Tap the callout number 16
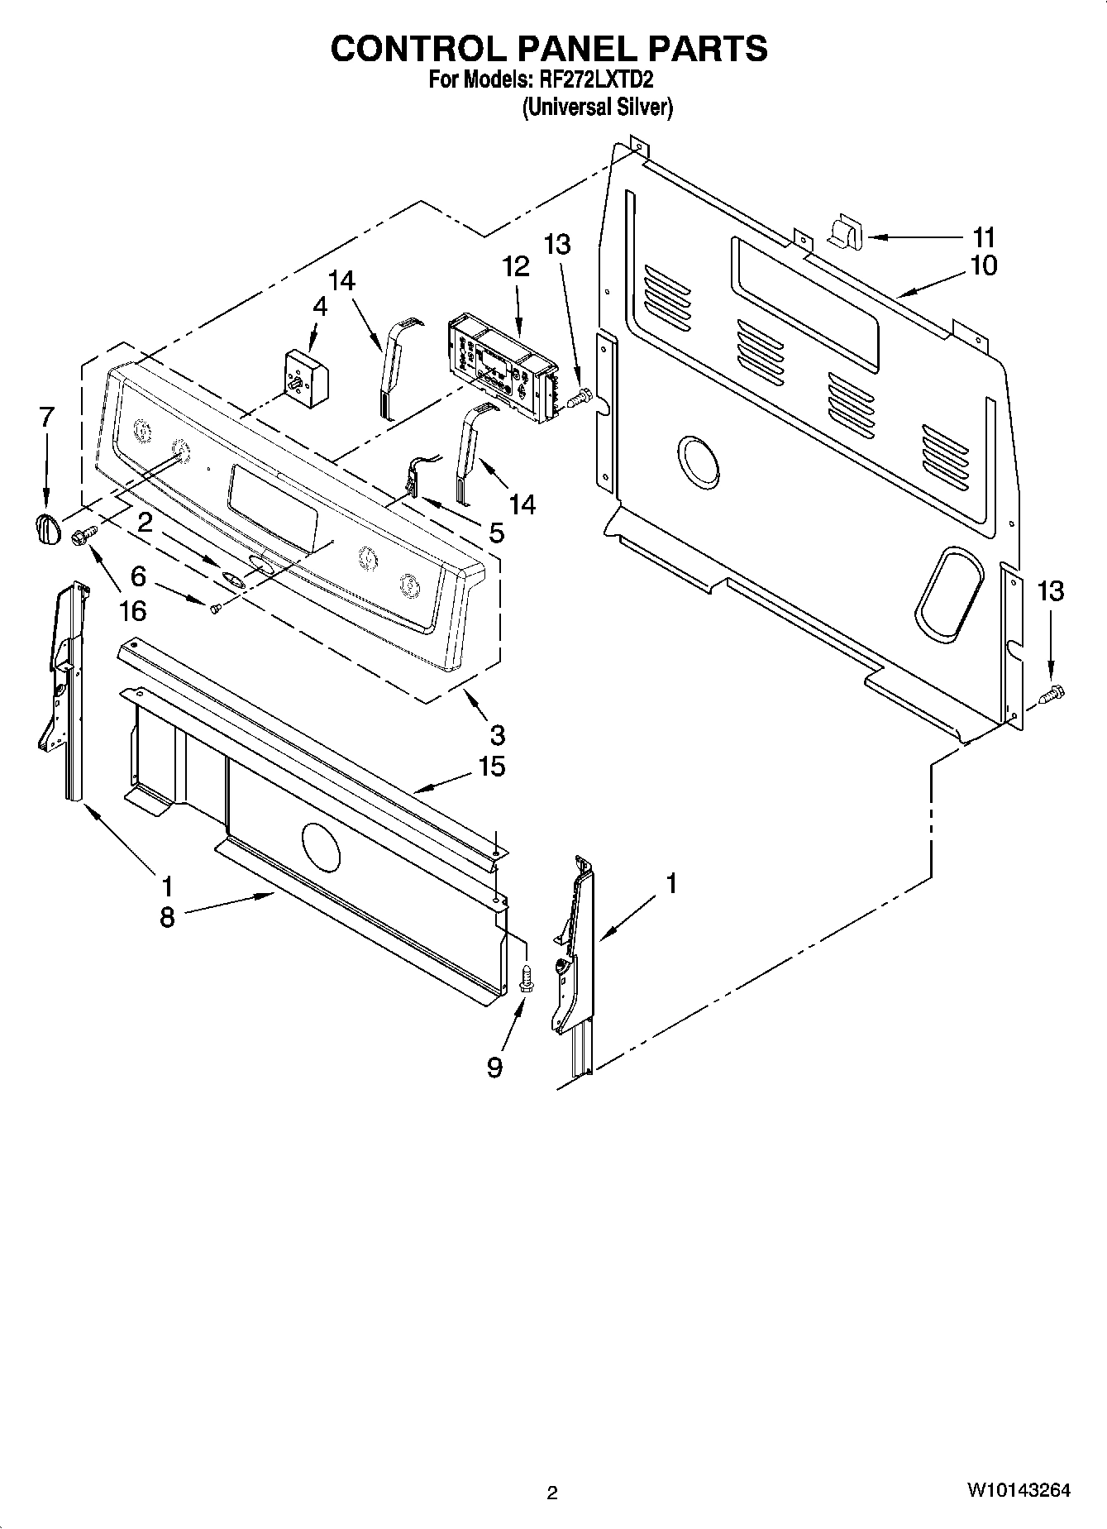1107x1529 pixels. pyautogui.click(x=132, y=610)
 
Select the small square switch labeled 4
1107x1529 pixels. pyautogui.click(x=306, y=374)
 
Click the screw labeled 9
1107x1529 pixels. pyautogui.click(x=524, y=981)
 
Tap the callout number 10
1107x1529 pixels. pyautogui.click(x=984, y=265)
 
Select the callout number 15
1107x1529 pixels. pyautogui.click(x=491, y=767)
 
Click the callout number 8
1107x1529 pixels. pyautogui.click(x=167, y=917)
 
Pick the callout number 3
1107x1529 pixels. pyautogui.click(x=497, y=733)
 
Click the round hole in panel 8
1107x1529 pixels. pyautogui.click(x=321, y=847)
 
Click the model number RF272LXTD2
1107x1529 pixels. pyautogui.click(x=596, y=80)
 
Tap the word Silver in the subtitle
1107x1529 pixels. pyautogui.click(x=642, y=107)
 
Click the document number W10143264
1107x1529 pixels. pyautogui.click(x=1018, y=1490)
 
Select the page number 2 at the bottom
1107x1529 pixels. pyautogui.click(x=552, y=1493)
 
